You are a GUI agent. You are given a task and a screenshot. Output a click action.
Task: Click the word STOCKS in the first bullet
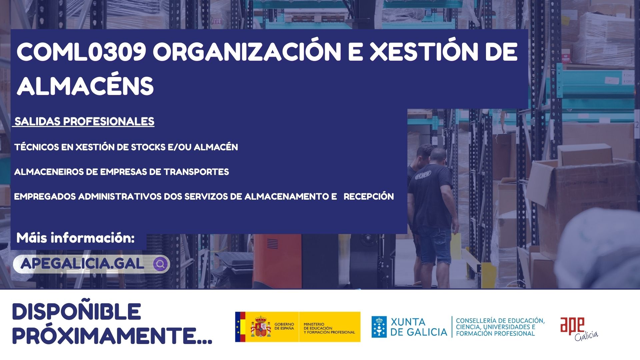pyautogui.click(x=148, y=147)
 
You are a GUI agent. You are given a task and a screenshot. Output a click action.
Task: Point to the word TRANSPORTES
pyautogui.click(x=196, y=172)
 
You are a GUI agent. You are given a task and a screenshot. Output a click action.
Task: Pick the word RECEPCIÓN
pyautogui.click(x=369, y=196)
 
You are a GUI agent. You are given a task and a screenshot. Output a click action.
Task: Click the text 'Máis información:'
pyautogui.click(x=76, y=238)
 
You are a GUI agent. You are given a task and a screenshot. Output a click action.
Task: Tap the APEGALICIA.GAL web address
pyautogui.click(x=82, y=264)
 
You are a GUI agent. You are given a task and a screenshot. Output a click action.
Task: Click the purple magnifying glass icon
pyautogui.click(x=160, y=264)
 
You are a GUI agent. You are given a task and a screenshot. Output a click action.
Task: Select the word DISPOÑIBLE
pyautogui.click(x=77, y=312)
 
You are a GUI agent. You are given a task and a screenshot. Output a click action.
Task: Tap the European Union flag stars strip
pyautogui.click(x=238, y=327)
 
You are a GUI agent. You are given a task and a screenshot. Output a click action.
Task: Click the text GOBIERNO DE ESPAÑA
pyautogui.click(x=284, y=326)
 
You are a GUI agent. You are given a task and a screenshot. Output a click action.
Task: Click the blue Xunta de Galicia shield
pyautogui.click(x=379, y=327)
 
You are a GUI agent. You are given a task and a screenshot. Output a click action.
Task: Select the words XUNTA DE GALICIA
pyautogui.click(x=419, y=327)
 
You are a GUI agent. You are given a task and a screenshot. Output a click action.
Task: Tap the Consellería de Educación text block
pyautogui.click(x=500, y=327)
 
